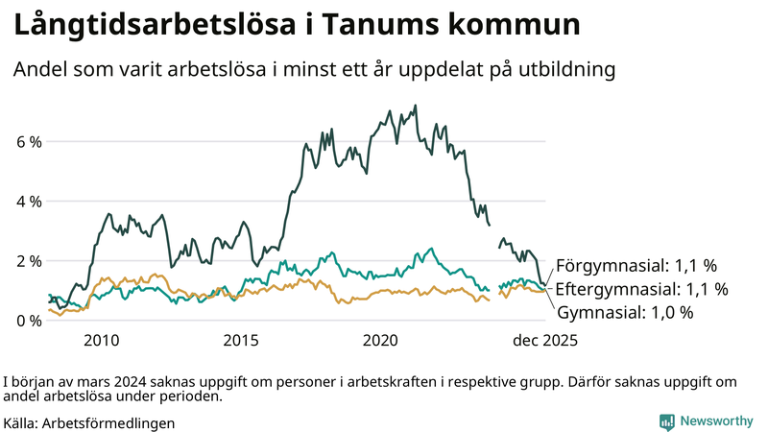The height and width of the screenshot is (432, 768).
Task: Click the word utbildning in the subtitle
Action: click(x=561, y=70)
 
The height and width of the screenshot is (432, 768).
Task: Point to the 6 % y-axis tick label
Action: click(x=29, y=142)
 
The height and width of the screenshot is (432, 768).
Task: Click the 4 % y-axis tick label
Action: click(x=29, y=202)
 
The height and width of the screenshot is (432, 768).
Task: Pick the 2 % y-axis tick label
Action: click(x=29, y=261)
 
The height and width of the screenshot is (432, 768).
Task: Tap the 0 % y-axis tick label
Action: click(x=29, y=321)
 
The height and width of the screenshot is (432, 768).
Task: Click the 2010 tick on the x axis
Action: click(x=101, y=341)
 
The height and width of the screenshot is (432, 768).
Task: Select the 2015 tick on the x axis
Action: click(x=241, y=341)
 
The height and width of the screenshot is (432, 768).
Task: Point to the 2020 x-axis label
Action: click(x=380, y=341)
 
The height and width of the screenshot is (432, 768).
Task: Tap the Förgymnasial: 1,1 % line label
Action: click(x=637, y=266)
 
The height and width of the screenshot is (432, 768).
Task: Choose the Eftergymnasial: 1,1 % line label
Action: click(x=642, y=289)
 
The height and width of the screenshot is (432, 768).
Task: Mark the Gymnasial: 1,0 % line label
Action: click(x=625, y=312)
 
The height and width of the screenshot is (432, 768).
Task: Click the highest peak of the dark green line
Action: click(x=415, y=106)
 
